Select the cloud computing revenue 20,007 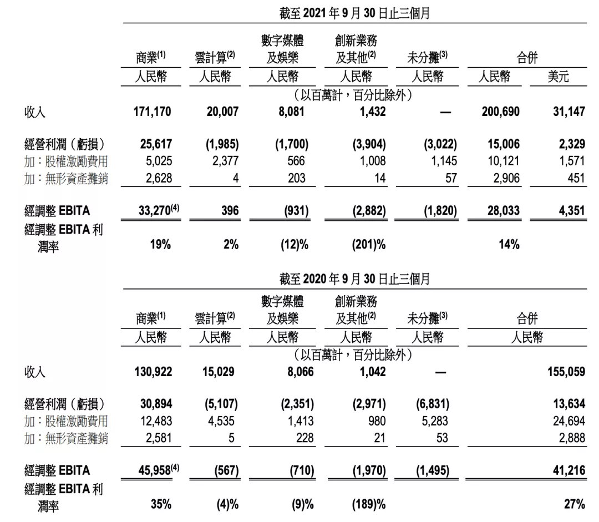[x=220, y=112]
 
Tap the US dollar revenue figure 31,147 [x=568, y=112]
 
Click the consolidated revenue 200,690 [x=501, y=112]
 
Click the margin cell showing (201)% [x=369, y=245]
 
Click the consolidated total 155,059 [x=566, y=372]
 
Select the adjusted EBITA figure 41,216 [x=568, y=471]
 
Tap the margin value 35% [x=161, y=504]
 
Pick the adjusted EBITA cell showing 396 [x=229, y=211]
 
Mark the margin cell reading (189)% [x=369, y=504]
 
